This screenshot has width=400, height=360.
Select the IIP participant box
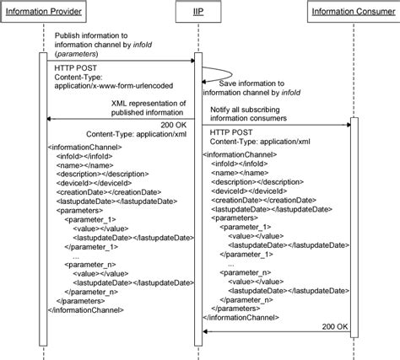click(x=197, y=11)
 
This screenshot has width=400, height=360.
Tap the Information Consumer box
click(x=351, y=11)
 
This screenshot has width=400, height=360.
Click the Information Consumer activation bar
click(x=354, y=228)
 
